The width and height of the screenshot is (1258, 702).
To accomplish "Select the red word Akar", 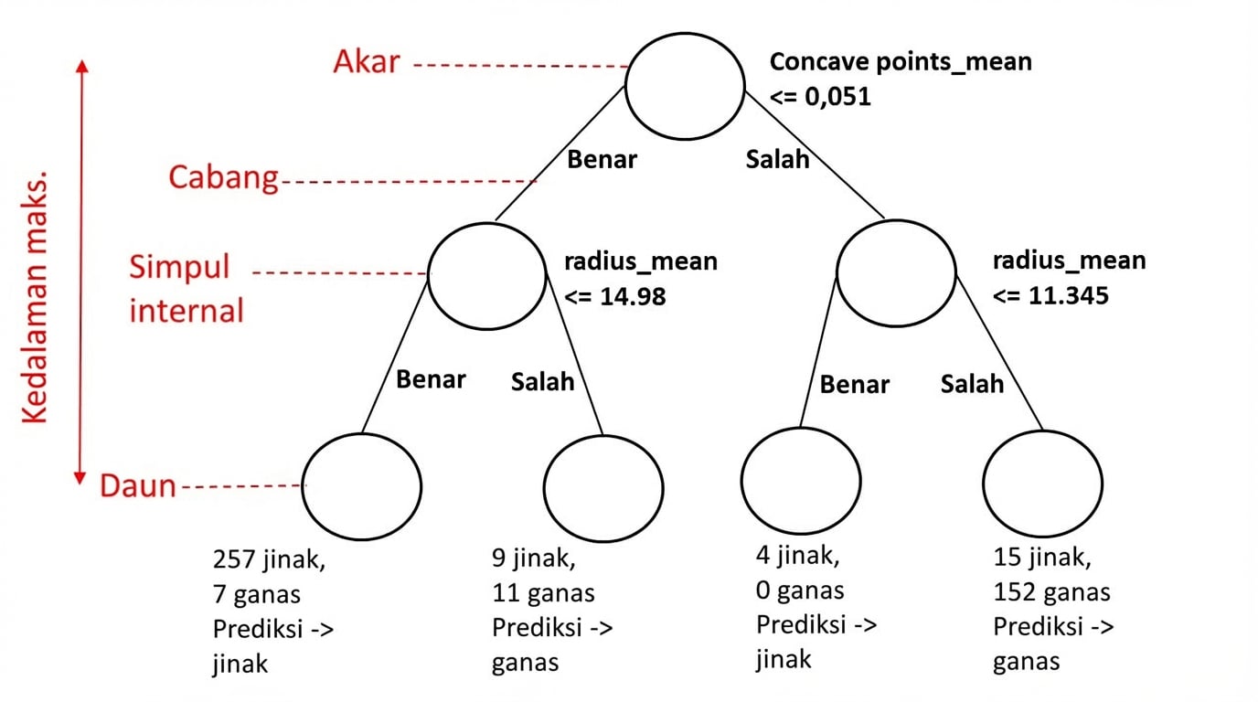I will pos(367,62).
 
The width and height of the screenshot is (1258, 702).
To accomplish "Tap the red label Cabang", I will pos(223,177).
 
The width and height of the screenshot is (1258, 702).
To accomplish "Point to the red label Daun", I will pos(137,486).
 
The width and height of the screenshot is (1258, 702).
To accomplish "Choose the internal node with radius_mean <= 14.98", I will pos(486,274).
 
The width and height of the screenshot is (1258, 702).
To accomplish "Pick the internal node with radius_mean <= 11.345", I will pos(896,274).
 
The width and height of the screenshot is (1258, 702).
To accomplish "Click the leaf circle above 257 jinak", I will pos(362,485).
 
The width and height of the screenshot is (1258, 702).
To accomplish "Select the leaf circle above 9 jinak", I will pos(603,485).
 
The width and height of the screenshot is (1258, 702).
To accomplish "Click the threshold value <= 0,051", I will pos(820,96).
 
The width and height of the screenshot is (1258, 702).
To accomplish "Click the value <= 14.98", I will pos(614,296).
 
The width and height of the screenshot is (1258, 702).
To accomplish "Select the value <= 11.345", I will pos(1050,295).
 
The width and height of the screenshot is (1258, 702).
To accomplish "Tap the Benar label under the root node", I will pos(602,159).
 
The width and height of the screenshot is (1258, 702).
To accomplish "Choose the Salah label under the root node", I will pos(777,159).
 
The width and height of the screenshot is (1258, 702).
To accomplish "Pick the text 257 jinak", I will pos(268,558).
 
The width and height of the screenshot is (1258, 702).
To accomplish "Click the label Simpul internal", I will pos(187,290).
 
